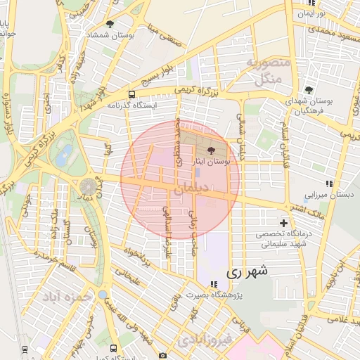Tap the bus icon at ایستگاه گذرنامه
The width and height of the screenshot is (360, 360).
tap(131, 94)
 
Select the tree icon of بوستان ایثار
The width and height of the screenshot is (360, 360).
tap(212, 150)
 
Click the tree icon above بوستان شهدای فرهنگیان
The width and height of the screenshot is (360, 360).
tap(309, 90)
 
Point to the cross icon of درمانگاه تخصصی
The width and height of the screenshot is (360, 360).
tap(284, 224)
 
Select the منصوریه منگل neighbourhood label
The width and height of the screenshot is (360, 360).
tap(269, 71)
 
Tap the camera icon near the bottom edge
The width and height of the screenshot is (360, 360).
tap(164, 356)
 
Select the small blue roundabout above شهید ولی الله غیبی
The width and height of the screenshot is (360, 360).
tap(103, 295)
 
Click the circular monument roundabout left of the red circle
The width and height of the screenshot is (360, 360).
tap(88, 187)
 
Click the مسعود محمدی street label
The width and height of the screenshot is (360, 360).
tap(326, 31)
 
